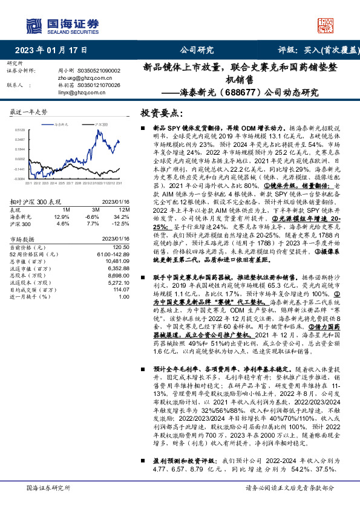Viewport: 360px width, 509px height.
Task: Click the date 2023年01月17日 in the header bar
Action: (51, 50)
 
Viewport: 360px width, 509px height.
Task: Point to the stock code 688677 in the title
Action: (243, 93)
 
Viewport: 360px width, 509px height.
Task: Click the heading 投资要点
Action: (161, 113)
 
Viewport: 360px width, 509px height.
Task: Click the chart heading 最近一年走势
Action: (29, 113)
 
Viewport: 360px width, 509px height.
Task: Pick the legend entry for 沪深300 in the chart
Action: (101, 124)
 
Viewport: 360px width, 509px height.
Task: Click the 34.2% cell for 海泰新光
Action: (121, 216)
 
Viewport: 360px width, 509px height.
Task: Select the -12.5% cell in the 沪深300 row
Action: (121, 223)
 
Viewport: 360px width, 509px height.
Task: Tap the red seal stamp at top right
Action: (325, 23)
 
